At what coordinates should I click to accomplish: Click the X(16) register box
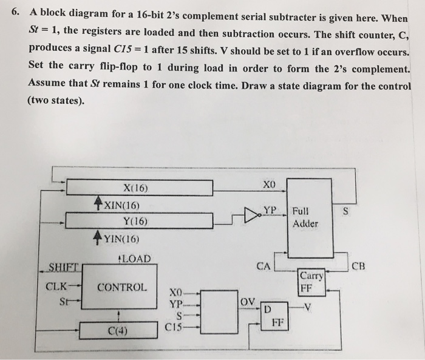pyautogui.click(x=139, y=188)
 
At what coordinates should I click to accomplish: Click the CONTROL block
pyautogui.click(x=122, y=287)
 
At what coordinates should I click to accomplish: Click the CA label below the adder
pyautogui.click(x=263, y=265)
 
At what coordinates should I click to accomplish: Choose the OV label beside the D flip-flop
pyautogui.click(x=247, y=301)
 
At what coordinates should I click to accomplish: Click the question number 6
pyautogui.click(x=16, y=12)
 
